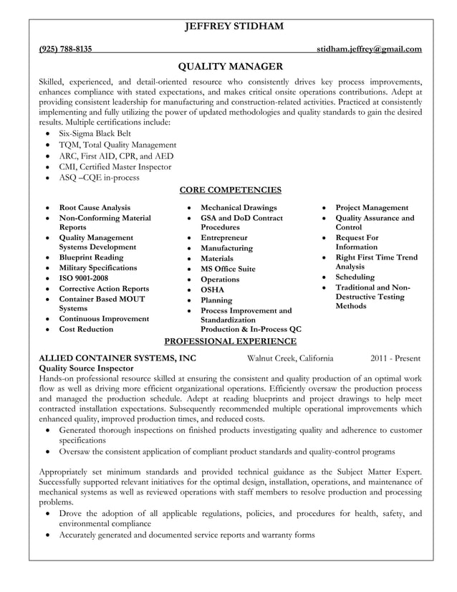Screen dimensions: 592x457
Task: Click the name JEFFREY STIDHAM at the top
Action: pyautogui.click(x=229, y=27)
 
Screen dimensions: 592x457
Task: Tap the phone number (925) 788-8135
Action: pyautogui.click(x=64, y=49)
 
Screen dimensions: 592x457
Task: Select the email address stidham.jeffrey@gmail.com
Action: pyautogui.click(x=369, y=49)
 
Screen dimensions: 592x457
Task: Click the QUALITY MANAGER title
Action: pyautogui.click(x=229, y=67)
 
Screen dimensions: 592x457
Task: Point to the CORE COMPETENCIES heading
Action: pyautogui.click(x=229, y=190)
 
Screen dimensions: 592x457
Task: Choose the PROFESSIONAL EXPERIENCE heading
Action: pyautogui.click(x=229, y=341)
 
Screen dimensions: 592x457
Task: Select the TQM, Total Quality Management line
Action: pyautogui.click(x=117, y=145)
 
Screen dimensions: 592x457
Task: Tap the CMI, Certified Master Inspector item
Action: pyautogui.click(x=115, y=166)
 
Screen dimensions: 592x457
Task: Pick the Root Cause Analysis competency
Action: pyautogui.click(x=95, y=208)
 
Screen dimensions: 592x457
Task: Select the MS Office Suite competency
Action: pyautogui.click(x=228, y=269)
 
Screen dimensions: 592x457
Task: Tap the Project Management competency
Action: pyautogui.click(x=372, y=208)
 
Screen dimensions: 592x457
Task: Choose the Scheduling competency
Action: pyautogui.click(x=355, y=277)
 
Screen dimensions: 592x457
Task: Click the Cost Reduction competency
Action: pyautogui.click(x=86, y=329)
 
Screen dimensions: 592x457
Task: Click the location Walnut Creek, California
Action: pyautogui.click(x=289, y=358)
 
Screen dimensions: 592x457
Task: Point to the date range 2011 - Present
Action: pyautogui.click(x=395, y=358)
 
